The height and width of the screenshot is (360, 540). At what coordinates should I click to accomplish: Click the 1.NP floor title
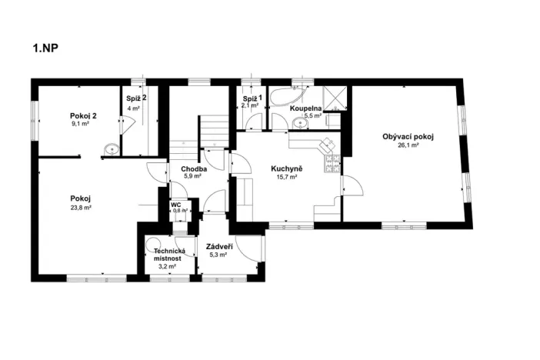(x=45, y=48)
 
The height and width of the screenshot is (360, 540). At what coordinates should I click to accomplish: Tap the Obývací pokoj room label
(x=408, y=137)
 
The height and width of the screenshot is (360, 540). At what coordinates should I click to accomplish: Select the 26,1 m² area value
(x=408, y=145)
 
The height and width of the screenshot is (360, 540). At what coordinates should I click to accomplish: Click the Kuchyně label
(x=286, y=168)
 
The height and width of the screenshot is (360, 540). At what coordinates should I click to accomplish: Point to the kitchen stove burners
(x=332, y=164)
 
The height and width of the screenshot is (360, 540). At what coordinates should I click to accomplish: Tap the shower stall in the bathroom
(x=335, y=98)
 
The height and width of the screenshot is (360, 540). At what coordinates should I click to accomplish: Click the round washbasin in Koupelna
(x=300, y=122)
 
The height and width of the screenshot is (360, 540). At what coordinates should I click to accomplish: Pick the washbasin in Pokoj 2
(x=112, y=149)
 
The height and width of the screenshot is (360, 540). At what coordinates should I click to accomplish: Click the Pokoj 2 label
(x=83, y=115)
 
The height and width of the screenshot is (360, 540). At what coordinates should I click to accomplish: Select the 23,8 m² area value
(x=81, y=208)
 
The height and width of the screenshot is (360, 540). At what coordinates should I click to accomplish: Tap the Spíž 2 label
(x=136, y=98)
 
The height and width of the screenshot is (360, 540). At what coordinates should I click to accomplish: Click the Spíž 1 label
(x=252, y=98)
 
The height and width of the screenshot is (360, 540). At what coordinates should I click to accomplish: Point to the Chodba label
(x=194, y=169)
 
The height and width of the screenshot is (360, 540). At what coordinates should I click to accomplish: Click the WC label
(x=175, y=205)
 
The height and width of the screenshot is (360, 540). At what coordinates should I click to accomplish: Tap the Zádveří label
(x=219, y=247)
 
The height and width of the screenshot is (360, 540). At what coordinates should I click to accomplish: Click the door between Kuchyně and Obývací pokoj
(x=352, y=185)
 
